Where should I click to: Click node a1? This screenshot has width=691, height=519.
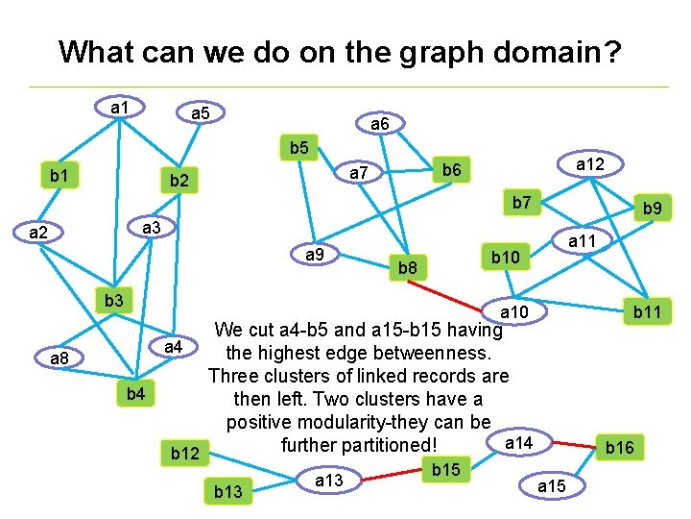[120, 107]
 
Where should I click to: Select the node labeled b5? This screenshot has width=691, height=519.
[298, 149]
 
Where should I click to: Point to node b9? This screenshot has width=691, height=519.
[653, 207]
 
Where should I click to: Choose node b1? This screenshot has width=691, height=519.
[59, 176]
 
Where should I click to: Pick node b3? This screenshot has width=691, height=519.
[114, 301]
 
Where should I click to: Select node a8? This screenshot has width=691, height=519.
[59, 358]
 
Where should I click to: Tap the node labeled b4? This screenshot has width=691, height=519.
[136, 394]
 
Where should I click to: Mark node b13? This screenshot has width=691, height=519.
[227, 492]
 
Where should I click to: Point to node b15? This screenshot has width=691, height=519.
[445, 469]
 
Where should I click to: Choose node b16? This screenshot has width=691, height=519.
[619, 447]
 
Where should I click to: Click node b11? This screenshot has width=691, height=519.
[653, 310]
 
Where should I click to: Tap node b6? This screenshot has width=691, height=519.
[452, 169]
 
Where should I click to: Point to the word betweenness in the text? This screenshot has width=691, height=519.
[439, 352]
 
